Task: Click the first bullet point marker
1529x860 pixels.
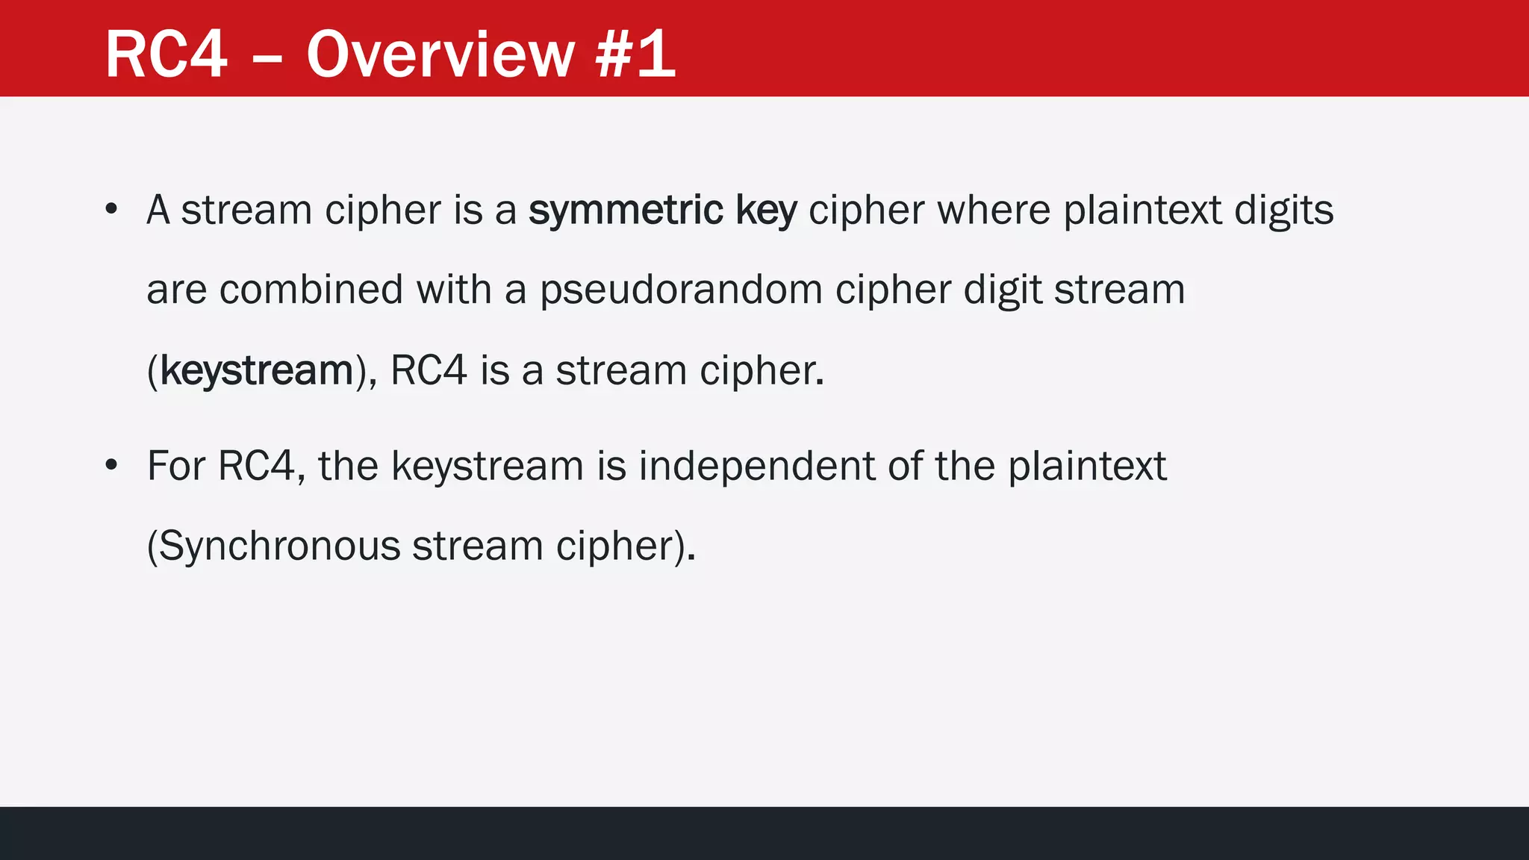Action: pyautogui.click(x=111, y=209)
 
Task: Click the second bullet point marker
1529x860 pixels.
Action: pyautogui.click(x=111, y=465)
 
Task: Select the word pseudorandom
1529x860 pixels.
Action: pyautogui.click(x=681, y=290)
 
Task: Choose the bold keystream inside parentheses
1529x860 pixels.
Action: pyautogui.click(x=256, y=371)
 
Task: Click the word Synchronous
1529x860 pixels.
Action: pyautogui.click(x=279, y=546)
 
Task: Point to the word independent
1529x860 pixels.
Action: pyautogui.click(x=756, y=467)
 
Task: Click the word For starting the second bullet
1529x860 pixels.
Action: pyautogui.click(x=175, y=466)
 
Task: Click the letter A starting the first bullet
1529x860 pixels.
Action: pyautogui.click(x=158, y=210)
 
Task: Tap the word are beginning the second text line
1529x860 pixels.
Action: pyautogui.click(x=176, y=290)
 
